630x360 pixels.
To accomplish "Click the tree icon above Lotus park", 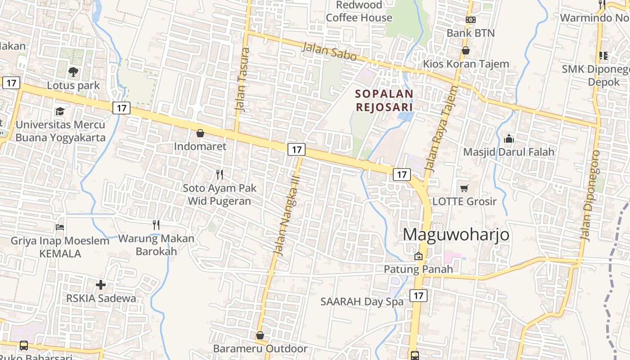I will pos(73,72).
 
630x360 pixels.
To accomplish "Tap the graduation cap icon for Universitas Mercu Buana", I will pos(60,111).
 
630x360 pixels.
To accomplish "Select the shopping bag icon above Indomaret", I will pos(200,133).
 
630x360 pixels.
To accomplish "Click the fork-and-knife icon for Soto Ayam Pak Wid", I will pos(220,174).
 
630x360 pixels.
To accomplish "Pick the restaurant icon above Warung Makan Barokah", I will pos(156,225).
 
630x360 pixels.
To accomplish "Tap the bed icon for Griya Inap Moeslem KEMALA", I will pos(60,227).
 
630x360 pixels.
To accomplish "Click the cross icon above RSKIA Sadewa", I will pos(101,284).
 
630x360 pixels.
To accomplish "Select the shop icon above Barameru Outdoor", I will pos(260,335).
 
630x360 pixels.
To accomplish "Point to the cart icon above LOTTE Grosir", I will pos(464,188).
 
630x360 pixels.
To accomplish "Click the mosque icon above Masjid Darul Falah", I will pos(509,139).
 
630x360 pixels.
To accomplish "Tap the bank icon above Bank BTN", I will pos(471,20).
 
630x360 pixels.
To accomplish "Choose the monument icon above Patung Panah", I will pos(418,256).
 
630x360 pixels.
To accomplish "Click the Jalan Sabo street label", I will pos(329,52).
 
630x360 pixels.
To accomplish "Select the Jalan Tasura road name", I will pos(242,79).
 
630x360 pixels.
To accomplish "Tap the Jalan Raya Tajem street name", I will pos(441,130).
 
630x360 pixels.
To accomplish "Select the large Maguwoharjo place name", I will pos(456,234).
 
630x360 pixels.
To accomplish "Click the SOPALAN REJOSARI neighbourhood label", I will pos(384,100).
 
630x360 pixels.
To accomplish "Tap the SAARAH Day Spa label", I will pos(362,301).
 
